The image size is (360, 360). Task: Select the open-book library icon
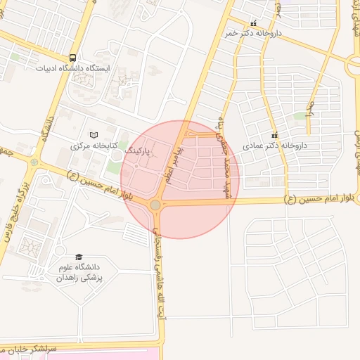pyautogui.click(x=94, y=135)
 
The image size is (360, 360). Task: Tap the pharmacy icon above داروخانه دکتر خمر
pyautogui.click(x=254, y=23)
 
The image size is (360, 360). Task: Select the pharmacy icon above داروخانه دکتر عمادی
pyautogui.click(x=275, y=135)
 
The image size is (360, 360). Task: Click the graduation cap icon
pyautogui.click(x=79, y=257)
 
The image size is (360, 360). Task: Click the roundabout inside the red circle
pyautogui.click(x=155, y=205)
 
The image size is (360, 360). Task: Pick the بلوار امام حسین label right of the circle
pyautogui.click(x=318, y=200)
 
